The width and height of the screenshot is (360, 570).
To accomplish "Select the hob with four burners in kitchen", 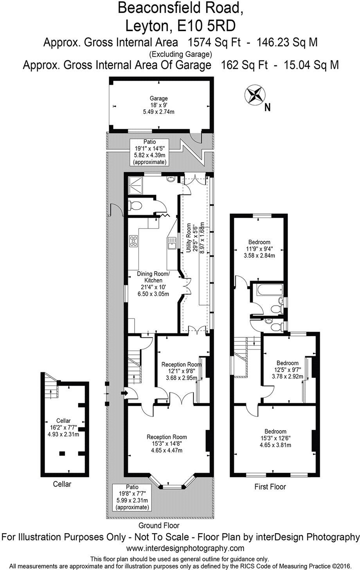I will tap(134, 240).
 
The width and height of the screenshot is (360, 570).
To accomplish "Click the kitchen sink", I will tap(171, 245).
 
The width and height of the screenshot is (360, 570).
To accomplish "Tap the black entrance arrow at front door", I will tap(125, 392).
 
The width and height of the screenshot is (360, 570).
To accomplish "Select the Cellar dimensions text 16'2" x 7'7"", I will tap(63, 427).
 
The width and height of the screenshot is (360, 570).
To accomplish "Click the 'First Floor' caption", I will tap(270, 487).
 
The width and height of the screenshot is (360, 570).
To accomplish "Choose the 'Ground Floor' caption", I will tap(159, 525).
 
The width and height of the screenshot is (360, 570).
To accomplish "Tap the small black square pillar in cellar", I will tap(62, 454).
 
